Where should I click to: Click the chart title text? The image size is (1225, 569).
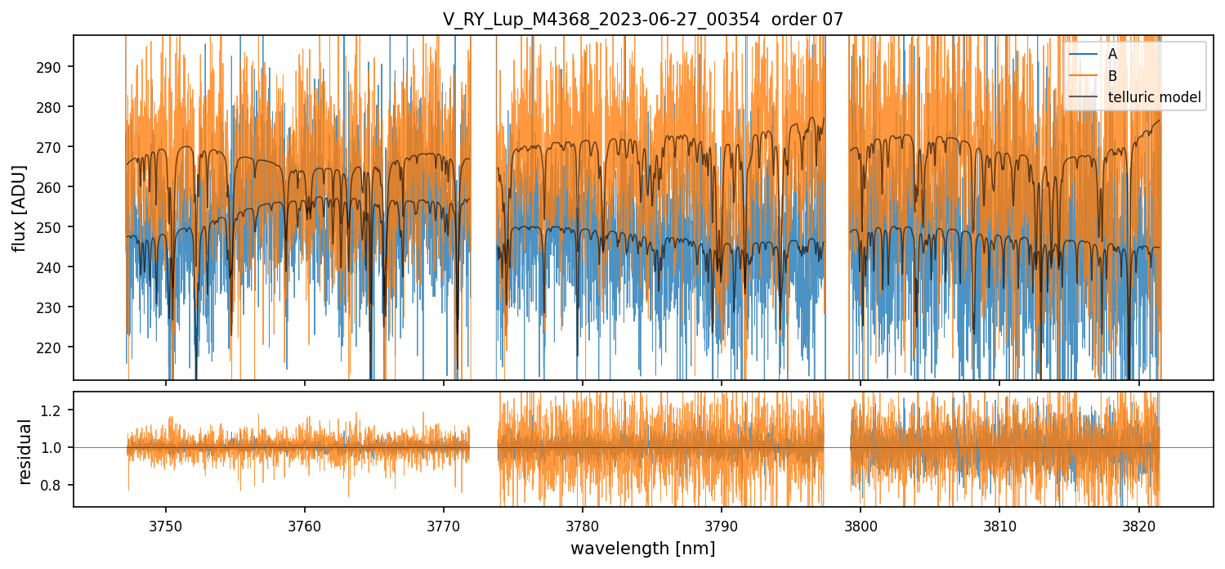[642, 18]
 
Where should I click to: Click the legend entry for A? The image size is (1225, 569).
[1112, 55]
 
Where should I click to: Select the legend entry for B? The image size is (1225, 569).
[1112, 76]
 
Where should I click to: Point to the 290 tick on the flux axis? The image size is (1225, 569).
[56, 67]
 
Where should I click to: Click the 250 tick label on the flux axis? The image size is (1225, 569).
[56, 227]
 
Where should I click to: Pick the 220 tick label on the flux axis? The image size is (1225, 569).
[56, 347]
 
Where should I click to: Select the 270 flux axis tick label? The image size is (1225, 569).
[56, 147]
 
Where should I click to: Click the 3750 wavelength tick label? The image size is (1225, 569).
[166, 524]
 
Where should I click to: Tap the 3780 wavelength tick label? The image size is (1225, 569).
[583, 524]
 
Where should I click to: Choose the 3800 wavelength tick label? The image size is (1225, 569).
[861, 524]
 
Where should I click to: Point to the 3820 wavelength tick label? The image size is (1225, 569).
[1138, 524]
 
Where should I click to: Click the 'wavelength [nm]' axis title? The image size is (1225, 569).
[642, 549]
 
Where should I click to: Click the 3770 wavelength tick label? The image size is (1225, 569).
[444, 524]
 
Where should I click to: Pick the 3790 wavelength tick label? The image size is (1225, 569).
[722, 524]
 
